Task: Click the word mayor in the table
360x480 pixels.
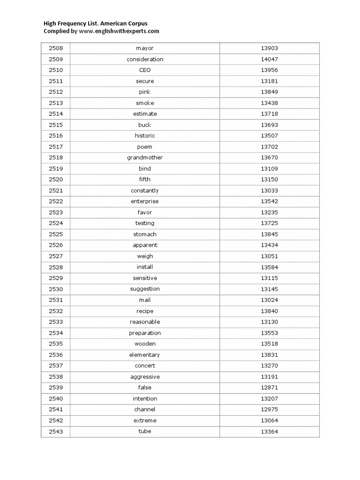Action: pyautogui.click(x=144, y=48)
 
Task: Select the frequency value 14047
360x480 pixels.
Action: pyautogui.click(x=270, y=59)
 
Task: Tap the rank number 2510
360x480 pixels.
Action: pyautogui.click(x=55, y=70)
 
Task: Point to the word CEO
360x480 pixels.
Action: pyautogui.click(x=144, y=70)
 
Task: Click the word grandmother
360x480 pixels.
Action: pyautogui.click(x=144, y=157)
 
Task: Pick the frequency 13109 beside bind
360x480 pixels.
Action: pyautogui.click(x=270, y=169)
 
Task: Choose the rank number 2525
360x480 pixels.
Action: pyautogui.click(x=55, y=234)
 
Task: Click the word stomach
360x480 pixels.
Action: pyautogui.click(x=144, y=234)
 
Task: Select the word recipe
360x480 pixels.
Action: pyautogui.click(x=144, y=311)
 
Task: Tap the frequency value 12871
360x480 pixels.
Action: pyautogui.click(x=270, y=388)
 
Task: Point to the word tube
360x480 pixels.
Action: pyautogui.click(x=144, y=431)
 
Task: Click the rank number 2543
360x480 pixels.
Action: pyautogui.click(x=55, y=432)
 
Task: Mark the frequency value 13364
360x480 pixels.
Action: pyautogui.click(x=270, y=432)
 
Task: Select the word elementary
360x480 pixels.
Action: pyautogui.click(x=144, y=355)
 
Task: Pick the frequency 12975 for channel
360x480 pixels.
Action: pyautogui.click(x=270, y=410)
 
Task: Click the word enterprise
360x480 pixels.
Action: pyautogui.click(x=144, y=202)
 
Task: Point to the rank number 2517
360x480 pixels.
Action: pyautogui.click(x=55, y=147)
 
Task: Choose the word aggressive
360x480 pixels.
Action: pyautogui.click(x=144, y=377)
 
